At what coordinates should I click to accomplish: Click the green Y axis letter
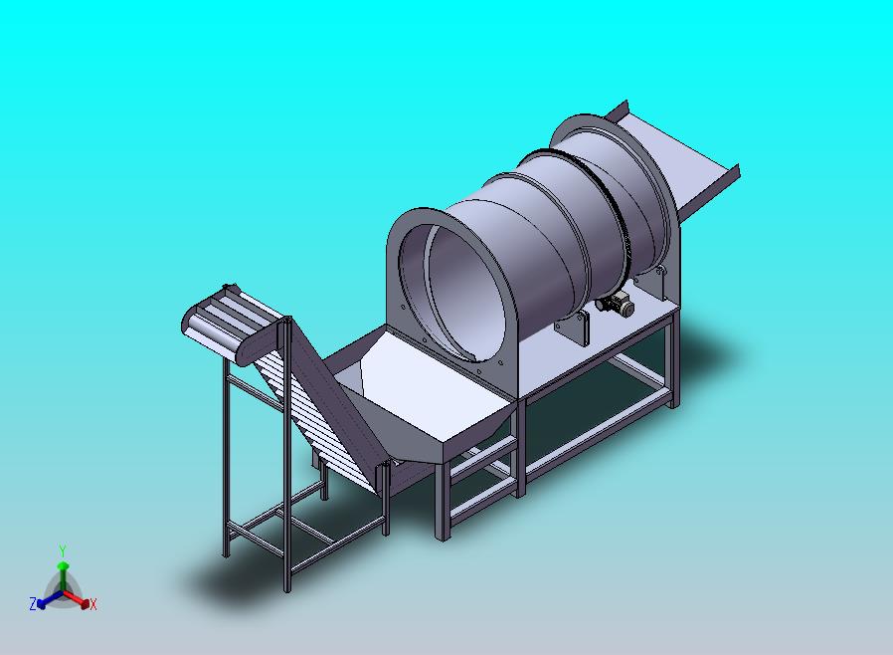pyautogui.click(x=63, y=550)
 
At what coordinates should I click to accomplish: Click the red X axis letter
pyautogui.click(x=93, y=604)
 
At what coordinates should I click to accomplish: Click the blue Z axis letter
pyautogui.click(x=33, y=603)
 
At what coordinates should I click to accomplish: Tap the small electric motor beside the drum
pyautogui.click(x=616, y=304)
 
